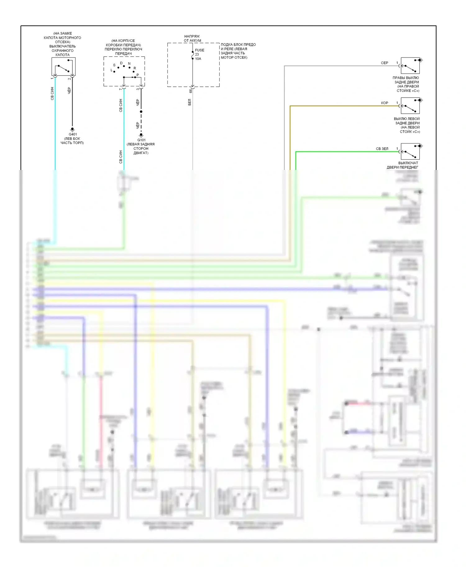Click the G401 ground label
(73, 135)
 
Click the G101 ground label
(141, 140)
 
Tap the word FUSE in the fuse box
(199, 50)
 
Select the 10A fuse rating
(198, 59)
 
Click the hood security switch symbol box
(63, 66)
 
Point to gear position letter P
(138, 75)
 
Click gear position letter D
(121, 63)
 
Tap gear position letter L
(112, 70)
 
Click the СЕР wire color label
(384, 63)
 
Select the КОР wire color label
(384, 103)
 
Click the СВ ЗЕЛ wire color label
(382, 149)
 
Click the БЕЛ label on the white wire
(190, 102)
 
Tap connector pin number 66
(190, 91)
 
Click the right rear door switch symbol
(410, 66)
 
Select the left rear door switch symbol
(410, 106)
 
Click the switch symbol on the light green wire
(410, 151)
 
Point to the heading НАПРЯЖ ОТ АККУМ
(192, 39)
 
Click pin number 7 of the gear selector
(121, 89)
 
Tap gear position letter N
(129, 63)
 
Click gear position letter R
(135, 68)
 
